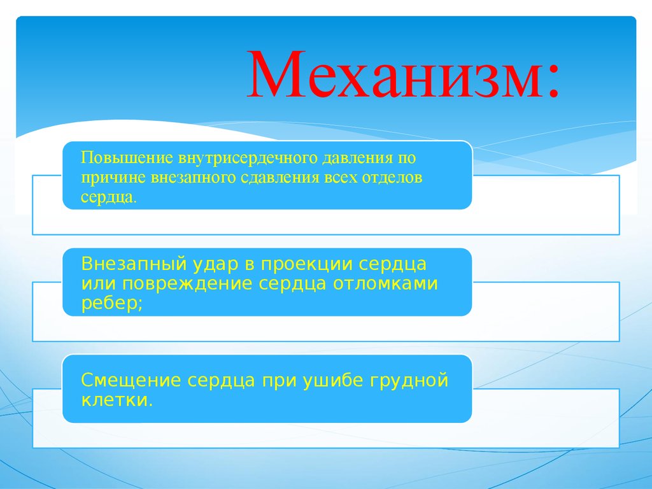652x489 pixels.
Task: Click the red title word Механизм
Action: (395, 77)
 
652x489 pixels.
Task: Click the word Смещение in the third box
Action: (131, 381)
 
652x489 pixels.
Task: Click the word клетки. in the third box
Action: (117, 401)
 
